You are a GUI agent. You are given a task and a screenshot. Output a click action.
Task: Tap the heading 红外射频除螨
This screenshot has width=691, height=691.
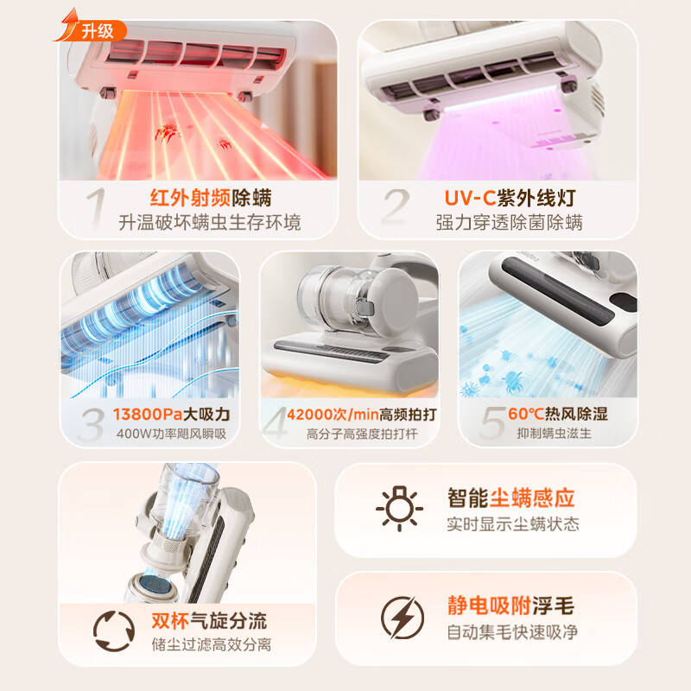(x=209, y=197)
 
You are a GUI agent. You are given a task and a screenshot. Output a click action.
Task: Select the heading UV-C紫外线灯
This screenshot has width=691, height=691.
(x=509, y=197)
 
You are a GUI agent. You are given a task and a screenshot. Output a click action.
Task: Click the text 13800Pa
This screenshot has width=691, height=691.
(x=145, y=415)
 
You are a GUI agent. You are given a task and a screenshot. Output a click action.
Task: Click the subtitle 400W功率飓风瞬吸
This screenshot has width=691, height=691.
(x=171, y=434)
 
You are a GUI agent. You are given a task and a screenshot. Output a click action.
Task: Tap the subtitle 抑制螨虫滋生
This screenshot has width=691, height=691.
(x=552, y=434)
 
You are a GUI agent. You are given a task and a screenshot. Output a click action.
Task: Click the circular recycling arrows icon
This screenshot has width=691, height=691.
(x=115, y=631)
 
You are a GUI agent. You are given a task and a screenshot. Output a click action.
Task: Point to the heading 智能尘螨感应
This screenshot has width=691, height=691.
(x=510, y=498)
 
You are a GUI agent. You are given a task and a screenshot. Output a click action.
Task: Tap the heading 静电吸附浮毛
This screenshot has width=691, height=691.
(x=510, y=606)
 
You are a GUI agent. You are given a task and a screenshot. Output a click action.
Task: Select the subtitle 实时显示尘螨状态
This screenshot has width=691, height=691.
(x=512, y=524)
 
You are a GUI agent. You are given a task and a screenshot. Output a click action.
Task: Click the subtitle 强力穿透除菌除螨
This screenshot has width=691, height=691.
(x=509, y=223)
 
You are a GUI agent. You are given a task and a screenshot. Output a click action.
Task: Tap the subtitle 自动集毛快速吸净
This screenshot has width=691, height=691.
(x=511, y=632)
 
